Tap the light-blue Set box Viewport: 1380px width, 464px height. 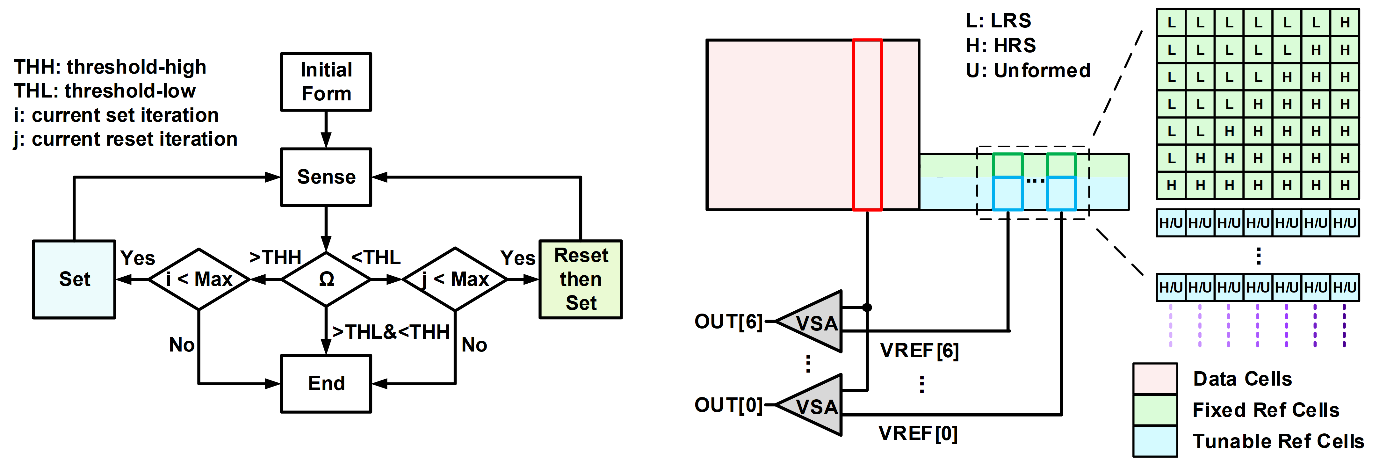tap(75, 279)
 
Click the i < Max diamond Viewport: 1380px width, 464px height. tap(199, 279)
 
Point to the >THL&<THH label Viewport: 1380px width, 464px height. tap(391, 332)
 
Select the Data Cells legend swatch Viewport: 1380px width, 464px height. tap(1155, 379)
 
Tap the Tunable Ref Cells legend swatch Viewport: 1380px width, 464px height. tap(1155, 441)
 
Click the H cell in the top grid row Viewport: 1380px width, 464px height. tap(1345, 23)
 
